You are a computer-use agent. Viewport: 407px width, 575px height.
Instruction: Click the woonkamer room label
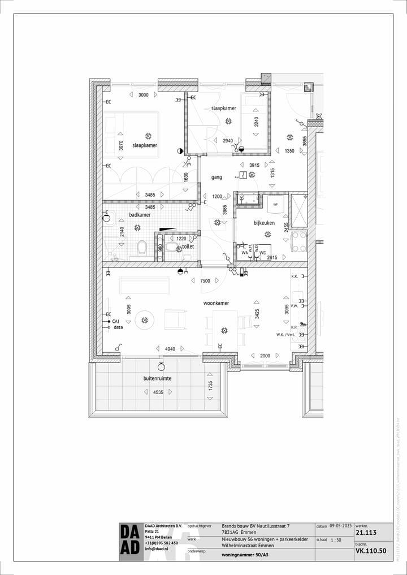[217, 303]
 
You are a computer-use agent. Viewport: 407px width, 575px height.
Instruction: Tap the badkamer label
[139, 215]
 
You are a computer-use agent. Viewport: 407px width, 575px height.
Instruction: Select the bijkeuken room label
[264, 223]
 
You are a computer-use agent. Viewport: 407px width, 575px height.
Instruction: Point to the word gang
[217, 177]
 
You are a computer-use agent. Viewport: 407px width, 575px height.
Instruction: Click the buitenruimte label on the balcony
[157, 378]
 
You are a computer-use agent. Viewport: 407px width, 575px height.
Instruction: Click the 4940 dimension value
[170, 349]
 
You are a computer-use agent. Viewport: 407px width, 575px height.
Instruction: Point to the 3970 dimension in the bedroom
[121, 145]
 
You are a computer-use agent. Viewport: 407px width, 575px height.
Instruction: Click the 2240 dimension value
[256, 122]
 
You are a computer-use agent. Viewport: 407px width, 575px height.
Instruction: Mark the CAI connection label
[116, 321]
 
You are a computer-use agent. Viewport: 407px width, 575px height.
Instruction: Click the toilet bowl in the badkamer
[142, 247]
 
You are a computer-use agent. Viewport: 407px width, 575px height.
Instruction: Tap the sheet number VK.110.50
[371, 550]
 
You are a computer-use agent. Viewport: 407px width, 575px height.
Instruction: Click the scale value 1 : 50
[336, 540]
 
